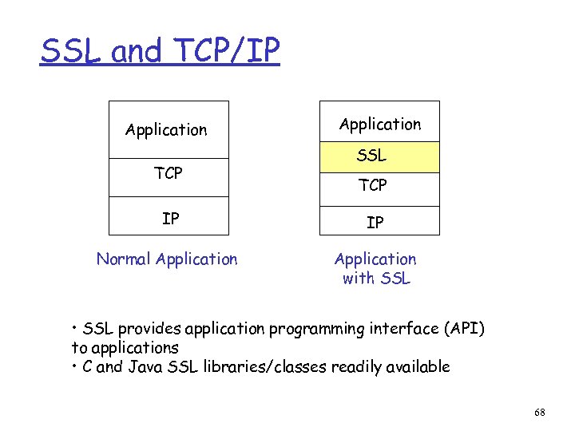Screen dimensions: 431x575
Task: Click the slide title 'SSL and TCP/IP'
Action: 161,52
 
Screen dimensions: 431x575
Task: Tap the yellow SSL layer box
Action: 379,156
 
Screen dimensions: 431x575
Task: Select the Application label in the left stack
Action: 166,129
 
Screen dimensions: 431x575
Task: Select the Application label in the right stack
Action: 379,124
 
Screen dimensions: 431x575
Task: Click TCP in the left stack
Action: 168,173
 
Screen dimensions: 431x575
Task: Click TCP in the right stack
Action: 373,185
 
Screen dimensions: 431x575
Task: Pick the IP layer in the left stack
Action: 170,218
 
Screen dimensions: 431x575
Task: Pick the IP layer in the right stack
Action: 375,223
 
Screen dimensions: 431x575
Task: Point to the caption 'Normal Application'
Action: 166,259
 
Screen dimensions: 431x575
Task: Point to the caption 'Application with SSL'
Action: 375,268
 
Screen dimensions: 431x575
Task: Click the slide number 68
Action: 539,413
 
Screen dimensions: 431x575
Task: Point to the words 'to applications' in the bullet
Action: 125,348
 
